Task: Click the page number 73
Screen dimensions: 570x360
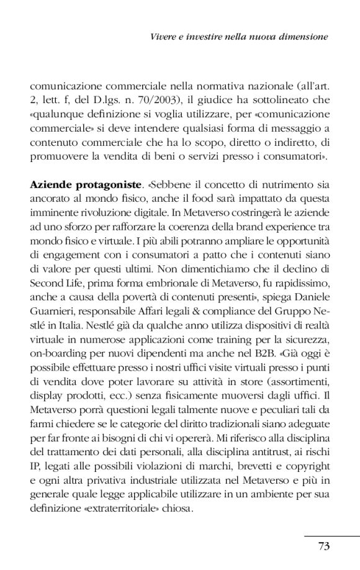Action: pyautogui.click(x=323, y=546)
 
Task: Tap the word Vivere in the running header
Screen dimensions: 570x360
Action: pyautogui.click(x=164, y=37)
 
